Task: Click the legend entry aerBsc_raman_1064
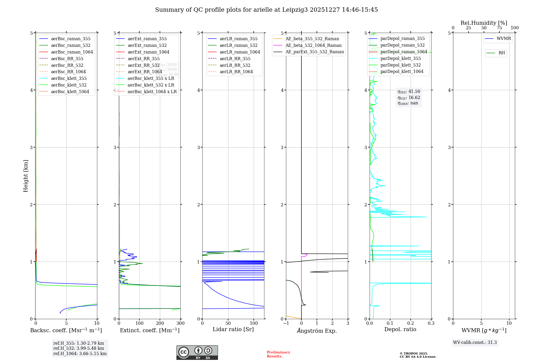coord(72,52)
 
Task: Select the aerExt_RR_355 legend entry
coord(144,59)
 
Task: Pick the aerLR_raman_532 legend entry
coord(239,45)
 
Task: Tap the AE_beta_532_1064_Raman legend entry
coord(313,45)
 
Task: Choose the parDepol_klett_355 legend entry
coord(401,58)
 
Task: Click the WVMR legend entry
coord(504,39)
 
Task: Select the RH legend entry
coord(502,53)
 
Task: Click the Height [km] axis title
coord(26,176)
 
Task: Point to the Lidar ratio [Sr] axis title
coord(233,329)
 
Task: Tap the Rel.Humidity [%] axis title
coord(484,23)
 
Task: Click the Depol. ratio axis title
coord(400,329)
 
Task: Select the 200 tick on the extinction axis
coord(160,323)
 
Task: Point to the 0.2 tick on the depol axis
coord(411,323)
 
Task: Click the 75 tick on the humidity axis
coord(499,28)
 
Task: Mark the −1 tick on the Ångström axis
coord(286,323)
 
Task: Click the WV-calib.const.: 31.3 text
coord(475,342)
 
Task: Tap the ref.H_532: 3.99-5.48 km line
coord(79,348)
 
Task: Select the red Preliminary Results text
coord(278,354)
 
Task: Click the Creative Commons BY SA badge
coord(197,352)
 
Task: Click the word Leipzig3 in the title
coord(295,10)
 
